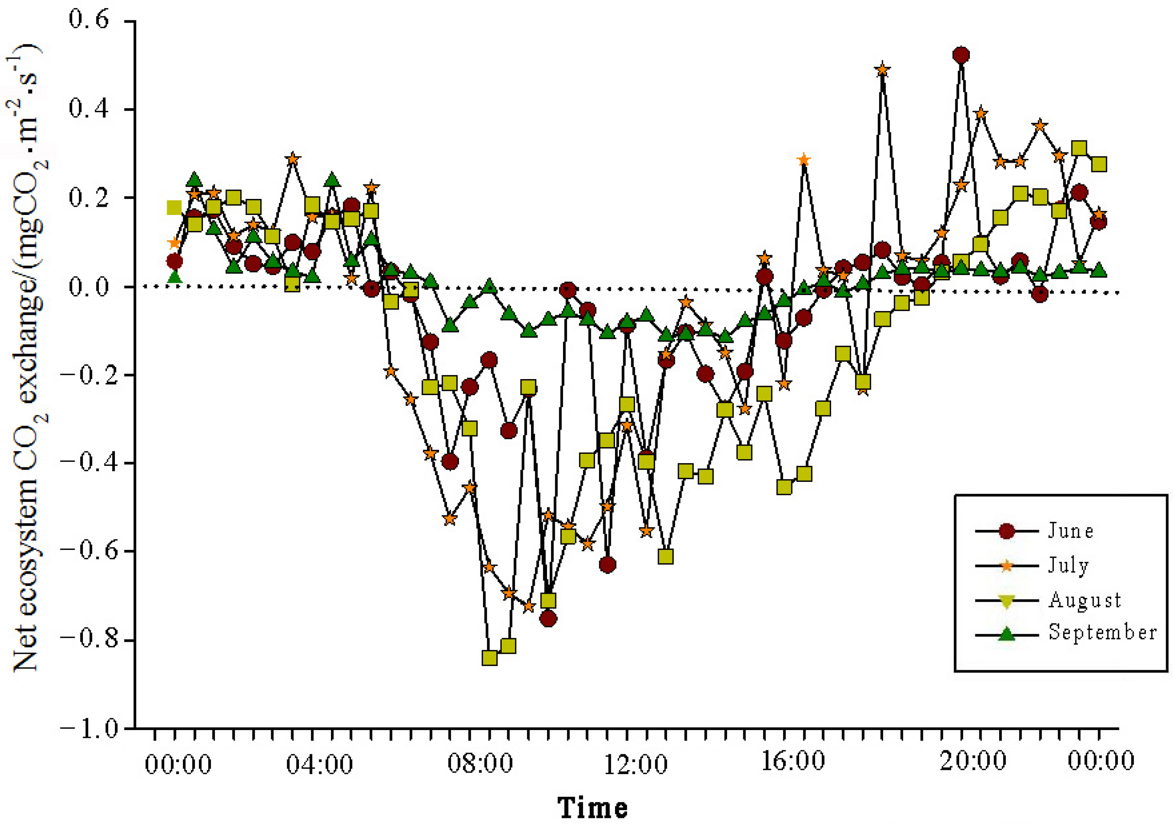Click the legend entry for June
(x=1070, y=531)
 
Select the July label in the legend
(x=1068, y=566)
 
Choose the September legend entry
(x=1102, y=633)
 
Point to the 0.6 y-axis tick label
(x=89, y=20)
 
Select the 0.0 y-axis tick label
(x=89, y=286)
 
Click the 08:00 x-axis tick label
(x=480, y=764)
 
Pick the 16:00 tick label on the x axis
(x=792, y=762)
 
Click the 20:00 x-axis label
(x=972, y=762)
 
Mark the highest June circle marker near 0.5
(x=961, y=55)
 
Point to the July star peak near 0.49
(x=882, y=70)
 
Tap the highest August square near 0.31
(x=1079, y=149)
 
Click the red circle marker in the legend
(x=1007, y=531)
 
